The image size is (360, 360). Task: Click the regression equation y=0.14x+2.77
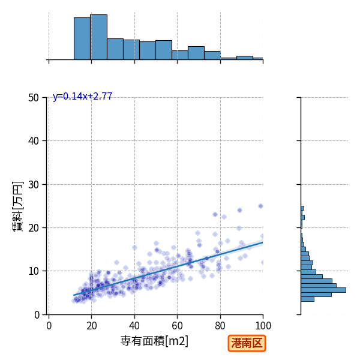coord(82,97)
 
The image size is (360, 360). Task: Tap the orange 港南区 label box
coord(247,343)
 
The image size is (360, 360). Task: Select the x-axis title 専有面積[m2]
coord(154,341)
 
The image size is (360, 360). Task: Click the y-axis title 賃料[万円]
coord(18,206)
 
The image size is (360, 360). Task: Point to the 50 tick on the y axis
coord(34,98)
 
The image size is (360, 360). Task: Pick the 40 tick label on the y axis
coord(34,141)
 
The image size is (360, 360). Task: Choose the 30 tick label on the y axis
coord(34,184)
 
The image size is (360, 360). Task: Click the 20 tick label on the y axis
coord(34,228)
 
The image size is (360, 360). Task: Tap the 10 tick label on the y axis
coord(34,271)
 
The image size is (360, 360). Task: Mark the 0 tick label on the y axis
coord(37,315)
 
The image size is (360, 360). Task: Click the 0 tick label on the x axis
coord(49,326)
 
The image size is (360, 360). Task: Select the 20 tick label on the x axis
coord(92,326)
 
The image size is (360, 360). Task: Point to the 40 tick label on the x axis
coord(134,326)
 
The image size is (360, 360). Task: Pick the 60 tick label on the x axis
coord(177,326)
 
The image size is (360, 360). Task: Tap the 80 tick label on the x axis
coord(220,326)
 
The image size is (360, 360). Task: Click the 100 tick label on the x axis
coord(263,326)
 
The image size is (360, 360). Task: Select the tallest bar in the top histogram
coord(99,37)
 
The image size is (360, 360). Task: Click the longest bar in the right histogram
coord(323,290)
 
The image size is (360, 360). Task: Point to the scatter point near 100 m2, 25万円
coord(260,206)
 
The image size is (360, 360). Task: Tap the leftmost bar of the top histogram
coord(82,38)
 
